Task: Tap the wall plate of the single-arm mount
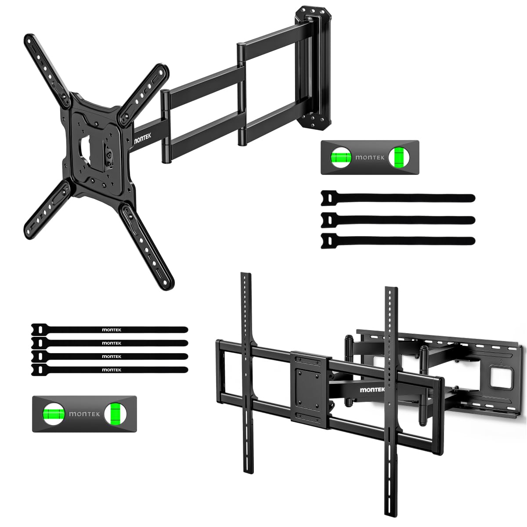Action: (x=313, y=68)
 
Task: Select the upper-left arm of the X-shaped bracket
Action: (x=47, y=69)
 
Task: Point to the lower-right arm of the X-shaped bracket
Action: (x=147, y=245)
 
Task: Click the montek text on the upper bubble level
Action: (x=370, y=157)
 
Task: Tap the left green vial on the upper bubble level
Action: (x=341, y=158)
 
